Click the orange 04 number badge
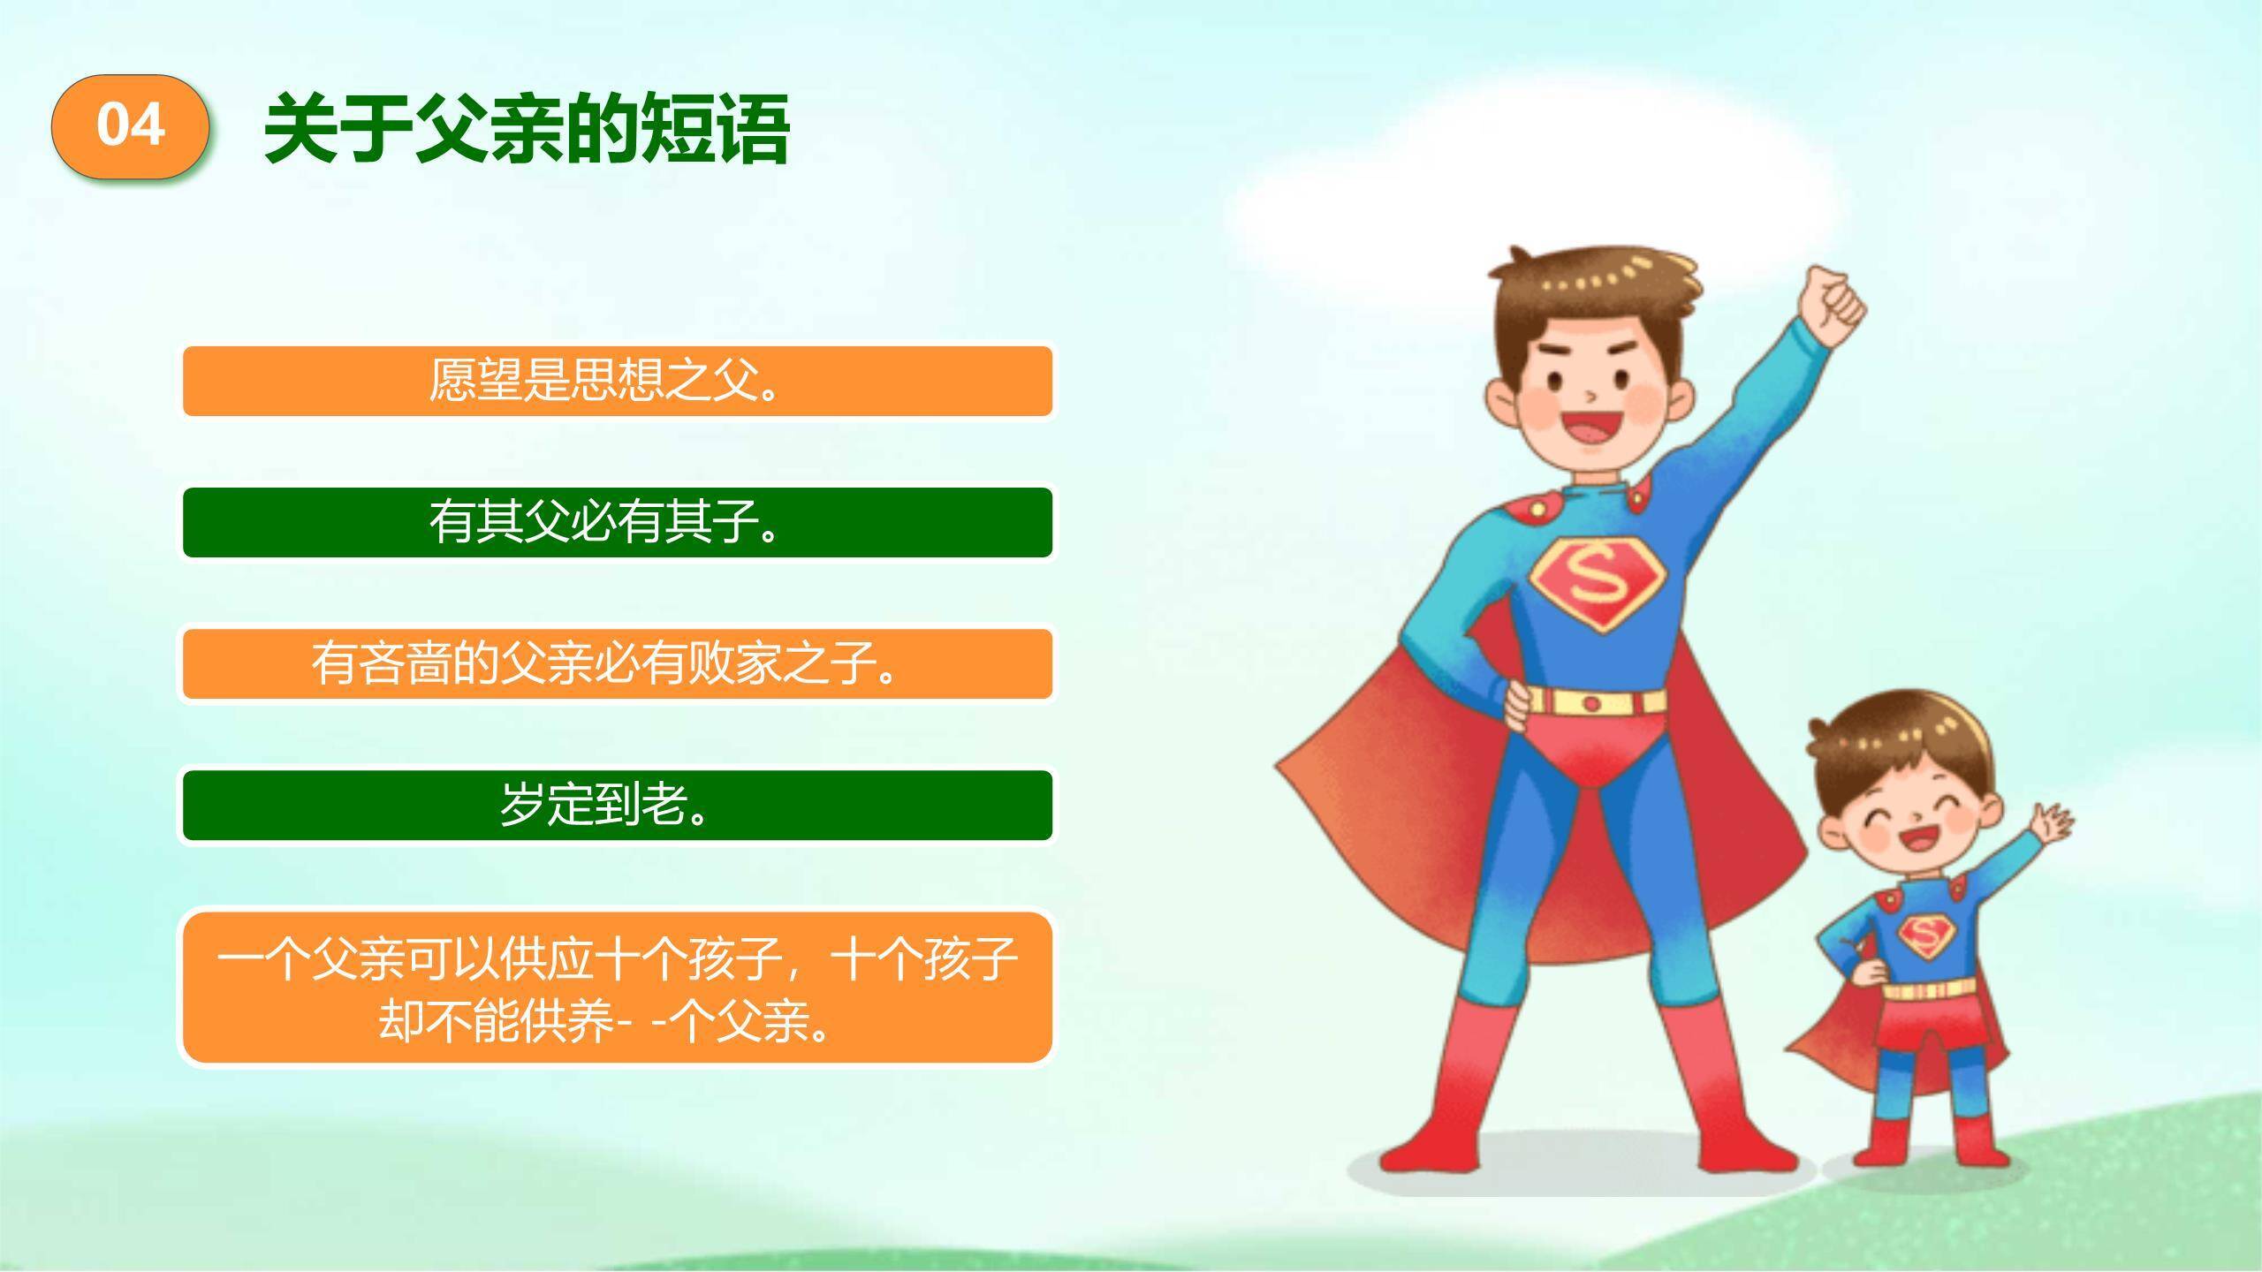pyautogui.click(x=130, y=126)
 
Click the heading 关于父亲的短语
pyautogui.click(x=527, y=129)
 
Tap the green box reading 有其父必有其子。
pyautogui.click(x=617, y=522)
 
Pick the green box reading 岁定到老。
pyautogui.click(x=617, y=805)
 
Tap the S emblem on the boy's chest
pyautogui.click(x=1926, y=938)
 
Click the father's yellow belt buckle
pyautogui.click(x=1591, y=703)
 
